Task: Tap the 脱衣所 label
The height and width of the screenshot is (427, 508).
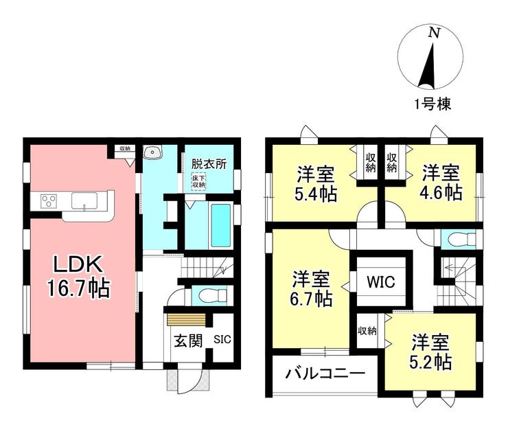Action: pyautogui.click(x=209, y=165)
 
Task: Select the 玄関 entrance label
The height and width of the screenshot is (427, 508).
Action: pyautogui.click(x=187, y=341)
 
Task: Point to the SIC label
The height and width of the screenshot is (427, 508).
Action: pyautogui.click(x=222, y=339)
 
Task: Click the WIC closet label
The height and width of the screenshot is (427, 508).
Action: pyautogui.click(x=380, y=281)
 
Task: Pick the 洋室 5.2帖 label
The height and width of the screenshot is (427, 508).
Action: pyautogui.click(x=431, y=350)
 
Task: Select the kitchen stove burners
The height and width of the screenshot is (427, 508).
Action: pyautogui.click(x=49, y=200)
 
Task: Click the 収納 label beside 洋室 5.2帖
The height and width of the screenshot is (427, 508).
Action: pyautogui.click(x=367, y=331)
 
